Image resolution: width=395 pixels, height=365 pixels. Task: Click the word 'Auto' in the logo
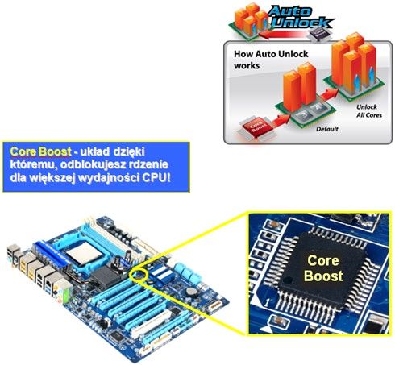tap(290, 10)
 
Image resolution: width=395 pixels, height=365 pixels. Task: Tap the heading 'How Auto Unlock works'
tap(271, 60)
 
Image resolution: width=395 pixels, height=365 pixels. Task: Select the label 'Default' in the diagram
tap(327, 129)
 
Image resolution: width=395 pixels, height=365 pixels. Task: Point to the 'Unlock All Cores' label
tap(369, 111)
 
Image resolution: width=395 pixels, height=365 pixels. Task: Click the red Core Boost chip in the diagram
tap(255, 127)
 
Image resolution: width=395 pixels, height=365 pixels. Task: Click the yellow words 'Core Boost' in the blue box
tap(40, 151)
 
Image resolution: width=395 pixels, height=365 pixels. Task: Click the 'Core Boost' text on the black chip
tap(323, 268)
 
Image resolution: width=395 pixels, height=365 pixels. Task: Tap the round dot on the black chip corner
tap(288, 280)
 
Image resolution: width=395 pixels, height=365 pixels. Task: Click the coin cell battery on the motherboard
tap(191, 291)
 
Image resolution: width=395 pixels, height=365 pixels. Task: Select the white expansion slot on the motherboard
tap(151, 323)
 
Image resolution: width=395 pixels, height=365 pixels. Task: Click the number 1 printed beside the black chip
tap(267, 303)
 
